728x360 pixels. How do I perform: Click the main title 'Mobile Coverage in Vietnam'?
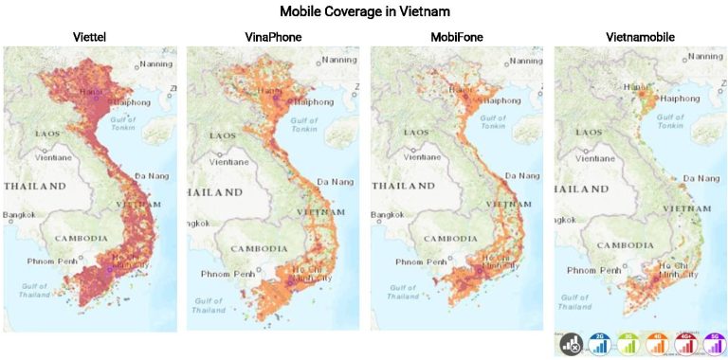tap(364, 12)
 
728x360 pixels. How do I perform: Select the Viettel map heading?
tap(89, 37)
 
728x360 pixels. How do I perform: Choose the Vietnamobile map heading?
tap(641, 37)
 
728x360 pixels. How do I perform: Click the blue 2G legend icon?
tap(599, 344)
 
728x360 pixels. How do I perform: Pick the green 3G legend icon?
tap(628, 344)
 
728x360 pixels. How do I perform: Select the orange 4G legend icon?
tap(656, 344)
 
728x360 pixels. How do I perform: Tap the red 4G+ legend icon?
tap(684, 344)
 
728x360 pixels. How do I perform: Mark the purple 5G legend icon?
tap(712, 344)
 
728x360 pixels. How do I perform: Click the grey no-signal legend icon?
tap(572, 344)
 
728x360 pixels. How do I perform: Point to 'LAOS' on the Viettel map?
tap(47, 134)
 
